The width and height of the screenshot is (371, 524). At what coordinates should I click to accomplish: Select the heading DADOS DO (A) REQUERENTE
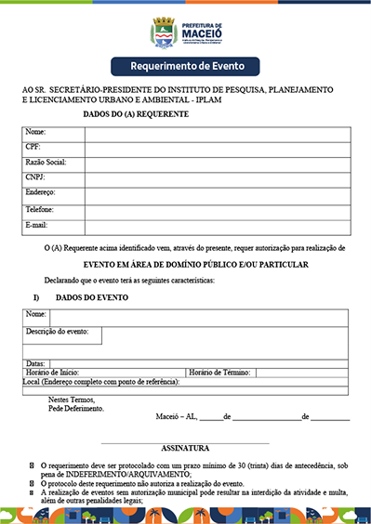[x=136, y=113]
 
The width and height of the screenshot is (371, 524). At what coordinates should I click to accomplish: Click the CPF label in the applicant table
[x=33, y=147]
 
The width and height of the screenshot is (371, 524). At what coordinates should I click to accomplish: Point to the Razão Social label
[x=45, y=162]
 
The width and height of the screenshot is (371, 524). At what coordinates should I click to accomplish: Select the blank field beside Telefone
[x=217, y=210]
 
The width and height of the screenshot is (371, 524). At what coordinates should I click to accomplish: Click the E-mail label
[x=37, y=225]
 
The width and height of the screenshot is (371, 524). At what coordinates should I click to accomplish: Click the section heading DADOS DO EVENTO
[x=92, y=297]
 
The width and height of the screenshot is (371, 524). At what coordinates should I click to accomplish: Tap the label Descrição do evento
[x=58, y=332]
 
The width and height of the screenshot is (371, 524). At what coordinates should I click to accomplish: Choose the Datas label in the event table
[x=35, y=362]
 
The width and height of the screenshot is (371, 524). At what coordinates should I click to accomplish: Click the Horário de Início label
[x=59, y=372]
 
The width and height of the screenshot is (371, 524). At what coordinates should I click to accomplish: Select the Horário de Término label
[x=219, y=372]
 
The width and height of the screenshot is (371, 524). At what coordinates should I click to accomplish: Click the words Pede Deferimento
[x=76, y=409]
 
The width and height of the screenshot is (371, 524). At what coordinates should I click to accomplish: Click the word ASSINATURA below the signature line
[x=184, y=448]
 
